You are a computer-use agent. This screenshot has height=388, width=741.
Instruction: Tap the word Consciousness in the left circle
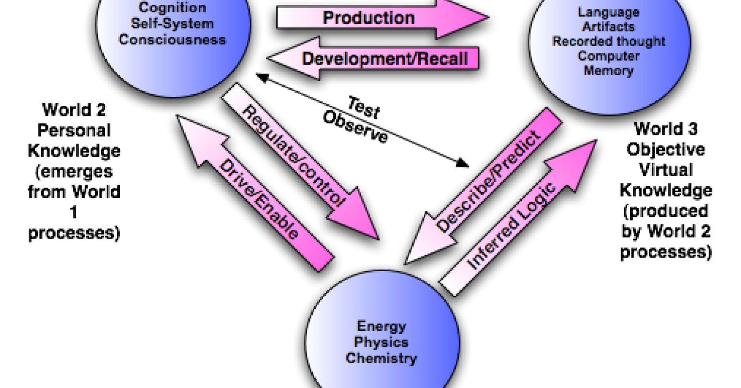pos(172,39)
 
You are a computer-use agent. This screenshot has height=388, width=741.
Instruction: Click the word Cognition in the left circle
pos(172,8)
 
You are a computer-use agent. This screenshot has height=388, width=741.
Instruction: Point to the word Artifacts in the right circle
pos(609,26)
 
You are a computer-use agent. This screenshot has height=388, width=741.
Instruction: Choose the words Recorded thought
pos(609,41)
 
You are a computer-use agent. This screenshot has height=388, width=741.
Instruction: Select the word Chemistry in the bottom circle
pos(381,358)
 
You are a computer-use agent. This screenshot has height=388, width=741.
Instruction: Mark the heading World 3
pos(665,129)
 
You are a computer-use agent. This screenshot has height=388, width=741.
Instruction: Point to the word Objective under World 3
pos(665,149)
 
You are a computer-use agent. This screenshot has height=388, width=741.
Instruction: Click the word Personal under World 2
pos(74,130)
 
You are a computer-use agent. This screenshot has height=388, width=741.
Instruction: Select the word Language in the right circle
pos(609,12)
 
